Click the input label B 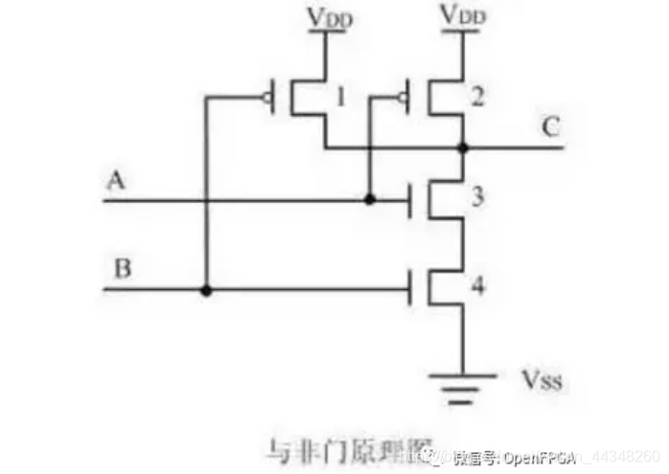[x=122, y=268]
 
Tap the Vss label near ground [x=542, y=384]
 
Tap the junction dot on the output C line [x=463, y=148]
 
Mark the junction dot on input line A [x=369, y=200]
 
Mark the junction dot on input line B [x=206, y=288]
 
